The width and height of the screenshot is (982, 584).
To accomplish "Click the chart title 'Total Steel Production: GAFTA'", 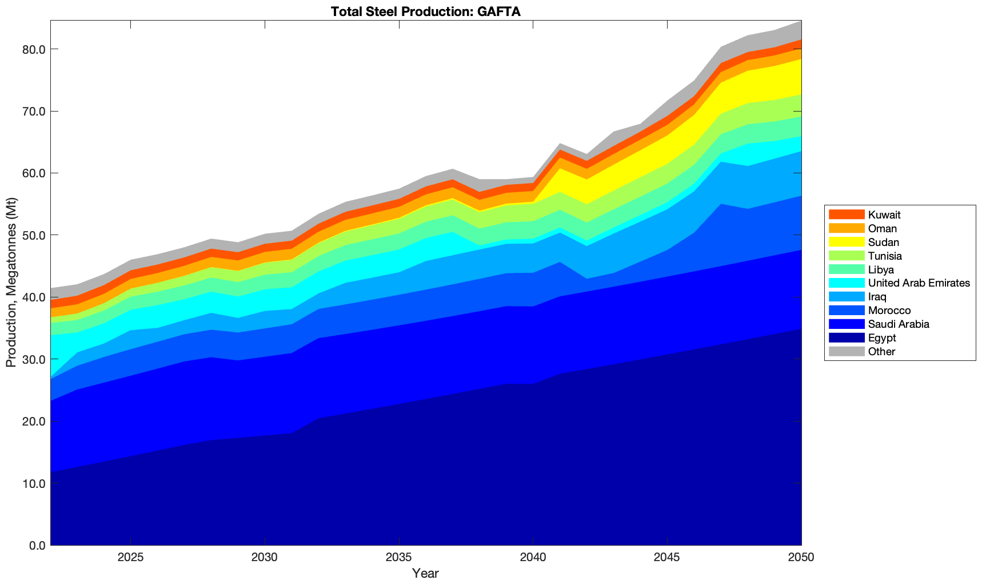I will (425, 11).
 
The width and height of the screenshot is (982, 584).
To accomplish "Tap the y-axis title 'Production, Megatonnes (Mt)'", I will (11, 283).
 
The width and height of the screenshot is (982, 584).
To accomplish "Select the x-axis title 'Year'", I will (425, 573).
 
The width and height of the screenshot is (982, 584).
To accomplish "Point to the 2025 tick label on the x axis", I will (131, 558).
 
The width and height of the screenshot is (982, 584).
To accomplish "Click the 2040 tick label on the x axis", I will (533, 558).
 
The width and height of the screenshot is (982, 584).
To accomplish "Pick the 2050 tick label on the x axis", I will (801, 558).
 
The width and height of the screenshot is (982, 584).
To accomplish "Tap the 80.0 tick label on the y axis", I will (33, 49).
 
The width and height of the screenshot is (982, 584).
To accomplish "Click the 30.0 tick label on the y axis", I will (33, 359).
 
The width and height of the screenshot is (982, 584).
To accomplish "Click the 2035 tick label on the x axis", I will (399, 558).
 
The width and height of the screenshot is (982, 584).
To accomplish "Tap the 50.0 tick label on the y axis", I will (33, 235).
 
